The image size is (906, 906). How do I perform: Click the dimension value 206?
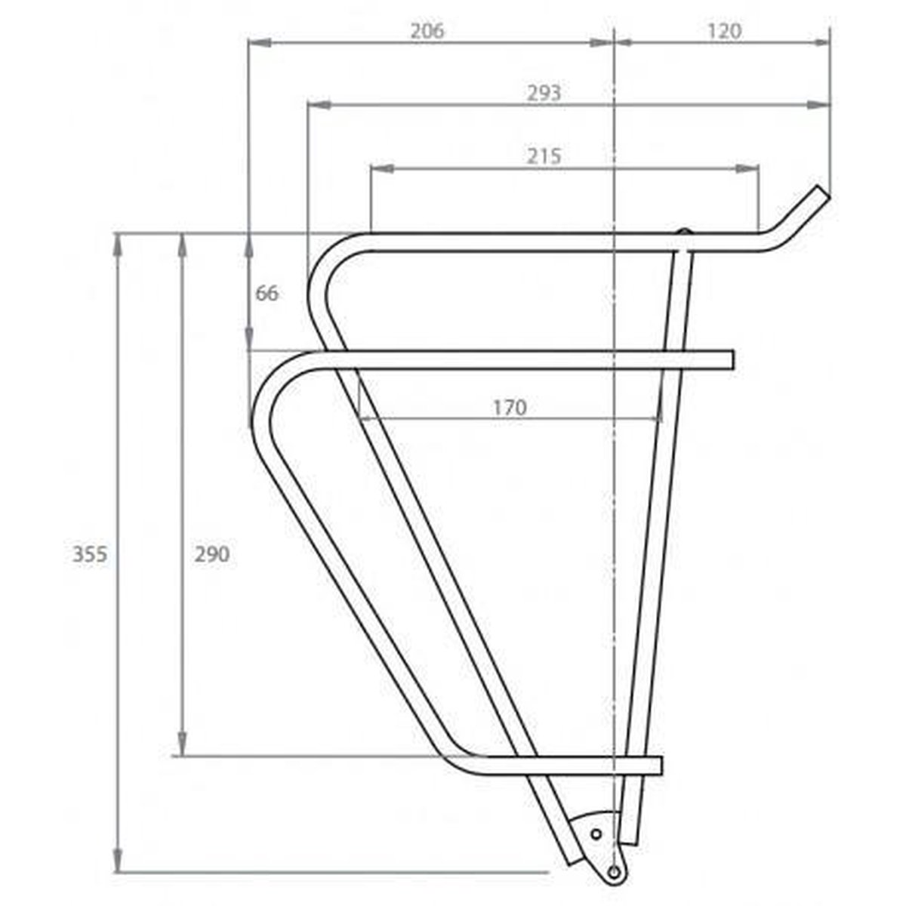coord(427,31)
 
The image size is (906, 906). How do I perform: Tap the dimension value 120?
coord(724,31)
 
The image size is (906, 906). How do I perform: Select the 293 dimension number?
coord(544,93)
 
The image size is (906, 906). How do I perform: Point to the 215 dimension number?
coord(544,156)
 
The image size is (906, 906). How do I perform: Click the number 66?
coord(267,294)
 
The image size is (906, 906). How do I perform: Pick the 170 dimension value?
coord(510,407)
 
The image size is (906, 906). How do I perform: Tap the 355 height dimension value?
coord(90,554)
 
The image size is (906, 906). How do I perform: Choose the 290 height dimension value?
coord(212,554)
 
